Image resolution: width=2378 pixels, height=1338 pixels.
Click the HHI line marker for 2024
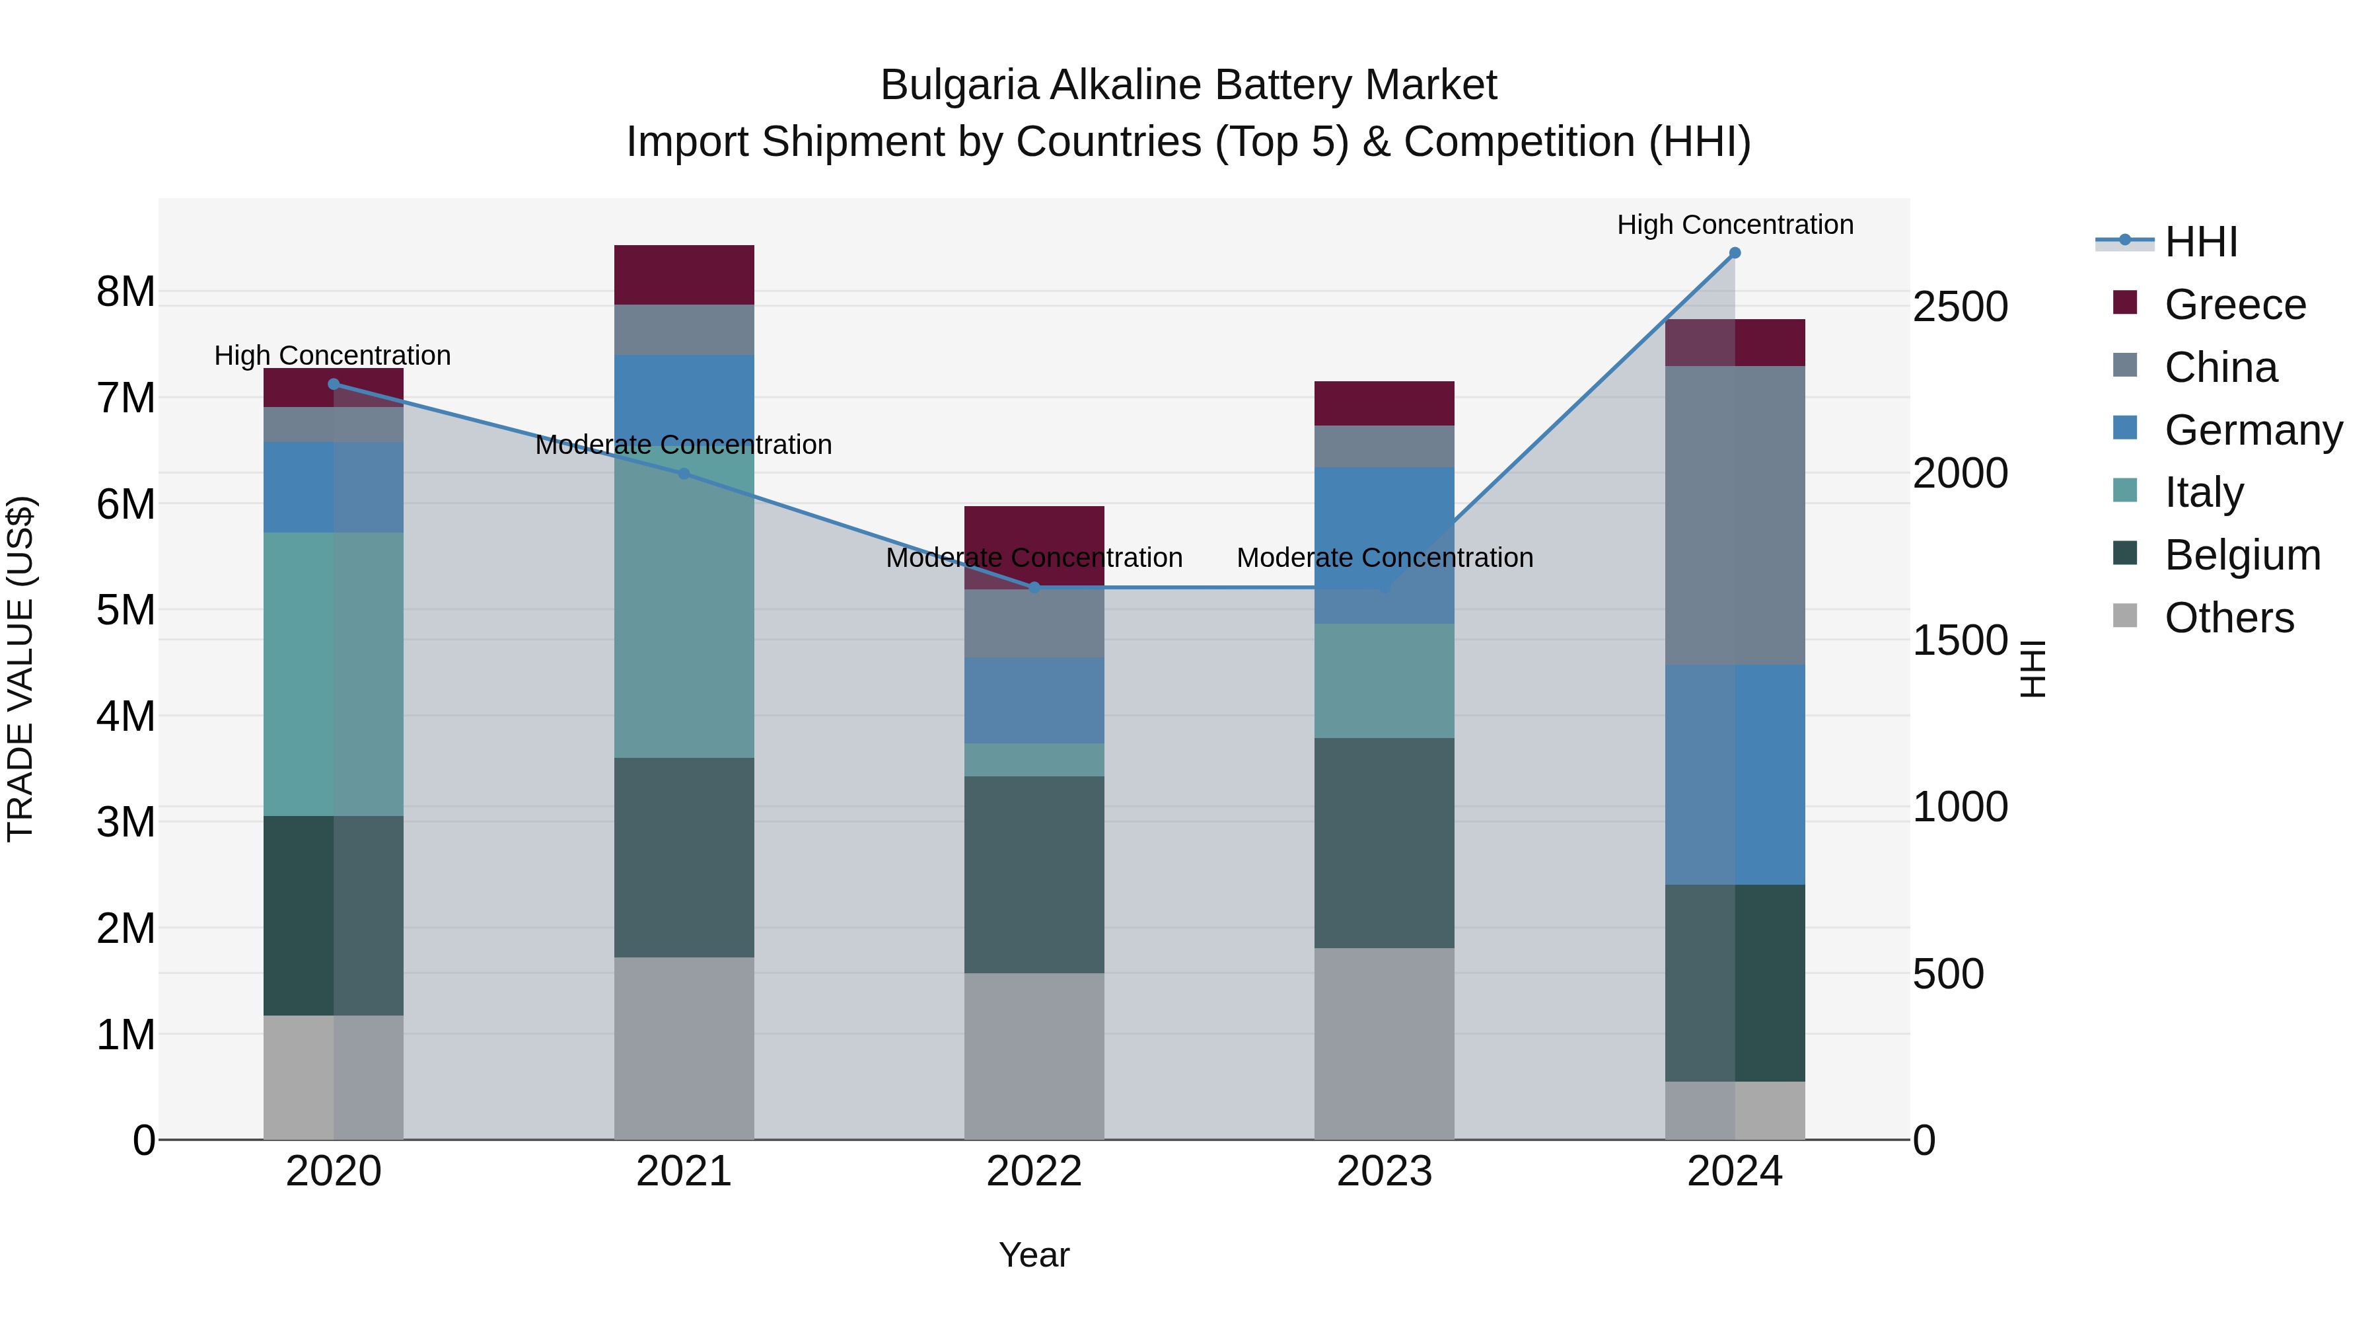[1734, 253]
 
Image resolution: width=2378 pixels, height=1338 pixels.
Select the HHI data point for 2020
[334, 384]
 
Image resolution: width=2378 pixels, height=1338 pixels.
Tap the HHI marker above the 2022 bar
[1034, 587]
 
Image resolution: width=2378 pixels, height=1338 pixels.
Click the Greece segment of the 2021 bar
[684, 275]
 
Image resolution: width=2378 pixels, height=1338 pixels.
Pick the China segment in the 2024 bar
[1734, 515]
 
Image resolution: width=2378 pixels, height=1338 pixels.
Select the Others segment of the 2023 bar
[1384, 1043]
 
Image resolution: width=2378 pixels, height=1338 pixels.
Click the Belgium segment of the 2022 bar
[1034, 873]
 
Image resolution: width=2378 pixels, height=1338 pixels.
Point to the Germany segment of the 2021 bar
[684, 397]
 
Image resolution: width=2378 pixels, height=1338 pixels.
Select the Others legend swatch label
[2229, 618]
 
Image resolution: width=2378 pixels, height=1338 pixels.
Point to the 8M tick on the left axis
[126, 292]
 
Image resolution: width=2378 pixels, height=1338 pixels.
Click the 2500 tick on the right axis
[1960, 307]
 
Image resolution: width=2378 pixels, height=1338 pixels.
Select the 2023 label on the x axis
[1384, 1171]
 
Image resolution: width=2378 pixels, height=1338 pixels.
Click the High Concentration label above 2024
[1734, 225]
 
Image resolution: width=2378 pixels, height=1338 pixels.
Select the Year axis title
[1034, 1255]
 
